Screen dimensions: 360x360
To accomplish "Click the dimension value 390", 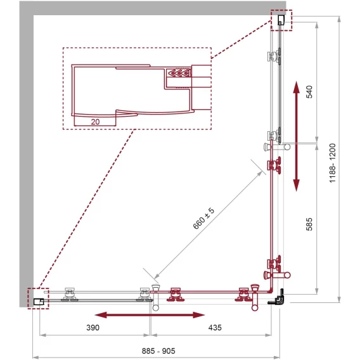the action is (93, 328).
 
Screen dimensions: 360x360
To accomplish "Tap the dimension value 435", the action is (215, 328).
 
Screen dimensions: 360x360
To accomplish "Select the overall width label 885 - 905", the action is (158, 351).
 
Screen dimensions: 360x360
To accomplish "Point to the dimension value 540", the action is (309, 92).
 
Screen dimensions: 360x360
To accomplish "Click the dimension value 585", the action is (309, 224).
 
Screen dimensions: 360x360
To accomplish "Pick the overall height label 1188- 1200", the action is (333, 163).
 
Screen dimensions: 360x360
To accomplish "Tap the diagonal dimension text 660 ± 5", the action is (203, 218).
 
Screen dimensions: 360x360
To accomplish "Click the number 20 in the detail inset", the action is (95, 122).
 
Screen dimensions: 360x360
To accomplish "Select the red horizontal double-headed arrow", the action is (150, 315).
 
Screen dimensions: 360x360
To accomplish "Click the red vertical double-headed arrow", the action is (297, 136).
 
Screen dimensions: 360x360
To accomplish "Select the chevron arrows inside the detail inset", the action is (179, 74).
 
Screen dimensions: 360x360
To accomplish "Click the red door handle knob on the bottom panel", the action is (255, 298).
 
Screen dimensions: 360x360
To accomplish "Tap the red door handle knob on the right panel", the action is (277, 275).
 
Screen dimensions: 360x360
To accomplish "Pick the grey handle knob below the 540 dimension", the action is (277, 146).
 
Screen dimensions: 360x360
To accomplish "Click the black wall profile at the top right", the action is (281, 20).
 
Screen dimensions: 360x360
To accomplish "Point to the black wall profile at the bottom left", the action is (39, 302).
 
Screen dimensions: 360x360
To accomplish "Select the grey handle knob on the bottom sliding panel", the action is (156, 298).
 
